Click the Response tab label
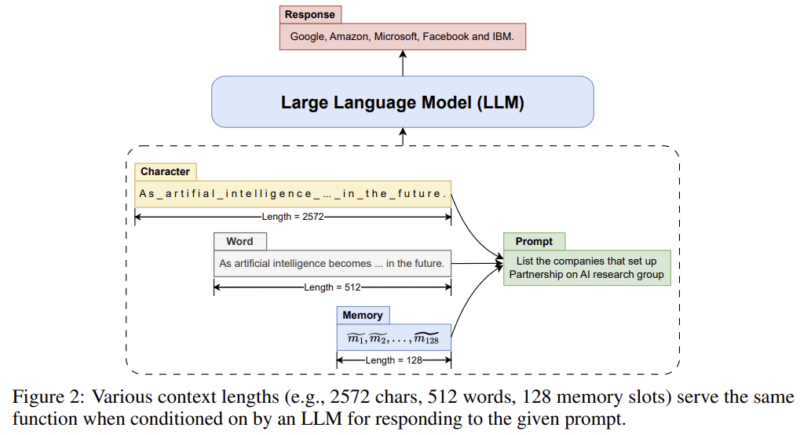310,15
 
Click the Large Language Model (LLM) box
402,102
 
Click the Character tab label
165,171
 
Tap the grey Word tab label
239,241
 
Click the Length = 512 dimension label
332,287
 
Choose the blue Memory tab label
363,315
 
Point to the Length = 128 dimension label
394,360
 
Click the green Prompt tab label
534,241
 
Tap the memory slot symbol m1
356,338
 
